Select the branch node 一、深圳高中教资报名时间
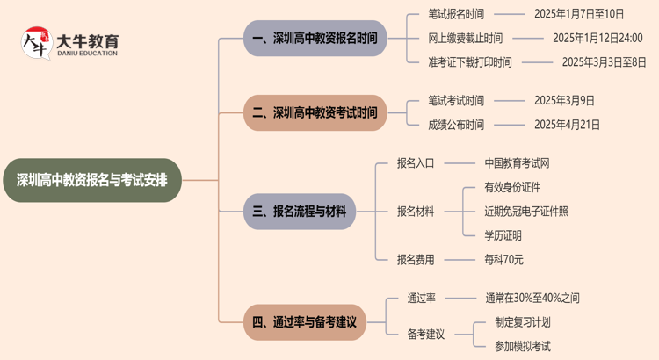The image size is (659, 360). [315, 39]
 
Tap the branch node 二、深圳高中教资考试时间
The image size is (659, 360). [315, 112]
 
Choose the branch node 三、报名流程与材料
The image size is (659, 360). [300, 212]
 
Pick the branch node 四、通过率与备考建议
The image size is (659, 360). [304, 322]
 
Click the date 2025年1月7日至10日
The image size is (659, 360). [579, 14]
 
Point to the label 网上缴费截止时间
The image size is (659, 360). [466, 38]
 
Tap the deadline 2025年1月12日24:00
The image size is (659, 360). [597, 38]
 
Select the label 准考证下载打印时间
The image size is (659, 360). [470, 62]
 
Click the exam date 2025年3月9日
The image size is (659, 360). [564, 101]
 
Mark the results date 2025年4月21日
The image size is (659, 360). [567, 125]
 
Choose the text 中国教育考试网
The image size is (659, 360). [518, 163]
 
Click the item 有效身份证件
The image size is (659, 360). [512, 187]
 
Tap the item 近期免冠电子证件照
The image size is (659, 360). [526, 212]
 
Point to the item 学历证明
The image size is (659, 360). [503, 235]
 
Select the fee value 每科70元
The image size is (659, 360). [503, 259]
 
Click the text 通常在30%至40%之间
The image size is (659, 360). [532, 299]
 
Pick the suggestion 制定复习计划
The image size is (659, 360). [523, 322]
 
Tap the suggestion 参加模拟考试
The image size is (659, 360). [523, 346]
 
